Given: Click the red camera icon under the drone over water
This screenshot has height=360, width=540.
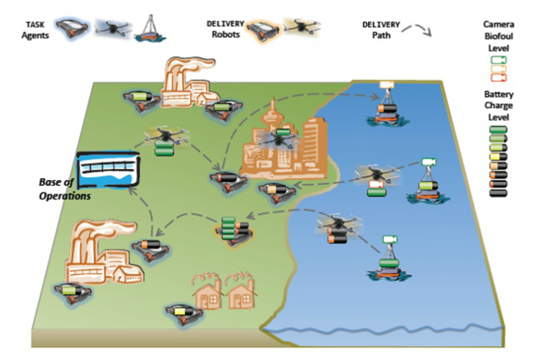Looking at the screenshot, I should tap(374, 188).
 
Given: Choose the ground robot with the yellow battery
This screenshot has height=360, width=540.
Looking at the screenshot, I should tap(180, 312).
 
